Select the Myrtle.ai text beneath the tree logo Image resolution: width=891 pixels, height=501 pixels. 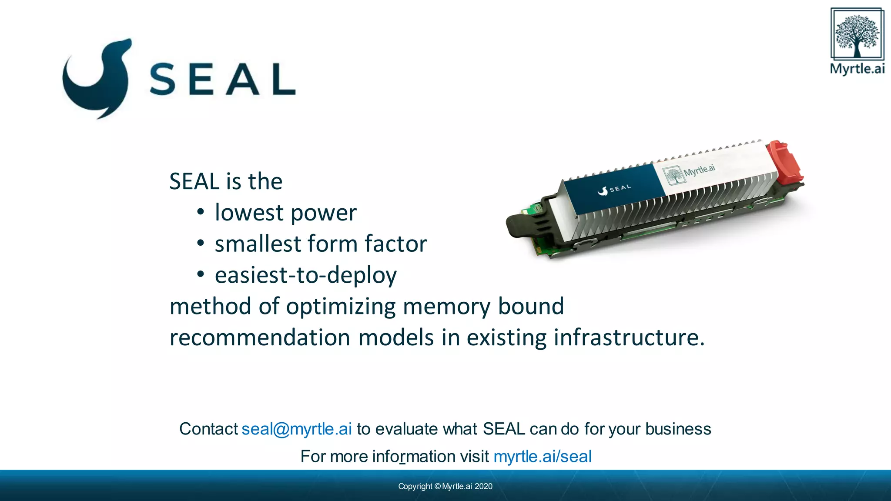click(x=857, y=69)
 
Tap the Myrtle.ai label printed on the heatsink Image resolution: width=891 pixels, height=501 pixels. click(x=692, y=172)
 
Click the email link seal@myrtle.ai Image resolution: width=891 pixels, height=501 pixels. click(x=297, y=429)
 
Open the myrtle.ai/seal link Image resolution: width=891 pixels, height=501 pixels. click(x=543, y=457)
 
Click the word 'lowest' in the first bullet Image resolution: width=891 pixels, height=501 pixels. click(x=249, y=213)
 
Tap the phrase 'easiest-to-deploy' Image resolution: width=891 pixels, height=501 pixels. click(x=306, y=275)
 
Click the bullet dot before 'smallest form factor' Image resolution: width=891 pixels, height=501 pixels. click(x=200, y=244)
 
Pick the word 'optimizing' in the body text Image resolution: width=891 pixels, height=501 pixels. click(x=341, y=307)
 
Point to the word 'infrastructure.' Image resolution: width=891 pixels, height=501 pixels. click(x=629, y=338)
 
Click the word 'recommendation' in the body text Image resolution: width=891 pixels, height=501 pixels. click(x=260, y=338)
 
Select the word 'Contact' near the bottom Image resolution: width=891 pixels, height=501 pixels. click(x=208, y=429)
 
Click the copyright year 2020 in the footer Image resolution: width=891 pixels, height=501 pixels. click(x=483, y=486)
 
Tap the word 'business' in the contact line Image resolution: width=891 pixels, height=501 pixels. click(x=678, y=429)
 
